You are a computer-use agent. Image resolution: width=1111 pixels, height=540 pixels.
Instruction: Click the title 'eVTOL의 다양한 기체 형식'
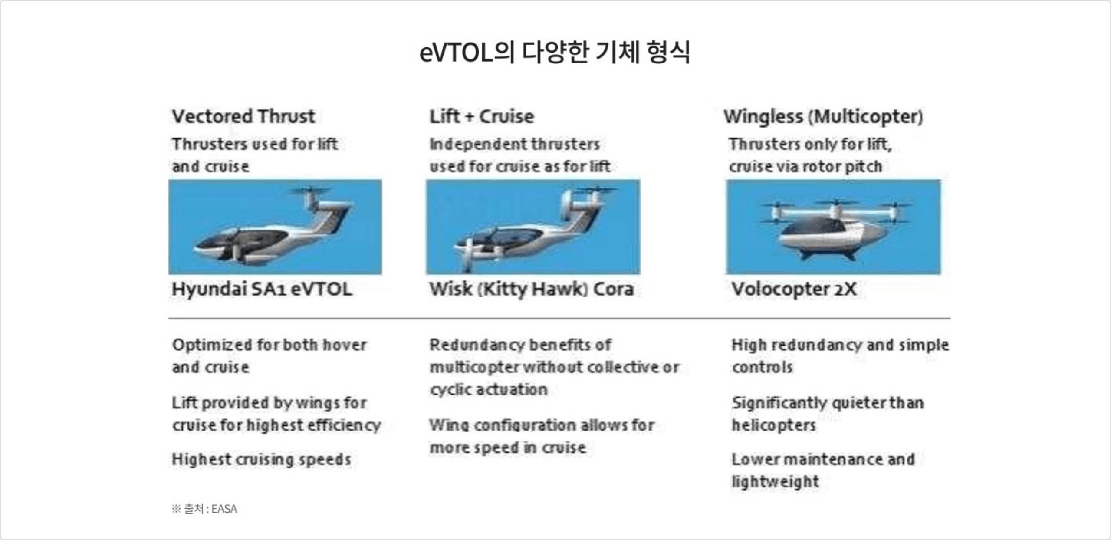tap(555, 52)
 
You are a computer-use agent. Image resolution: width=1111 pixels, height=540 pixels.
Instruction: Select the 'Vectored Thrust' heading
tap(243, 116)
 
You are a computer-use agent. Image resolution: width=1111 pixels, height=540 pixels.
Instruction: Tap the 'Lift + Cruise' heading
tap(482, 116)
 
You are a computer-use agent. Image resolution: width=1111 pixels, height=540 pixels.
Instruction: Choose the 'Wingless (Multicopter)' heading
tap(823, 117)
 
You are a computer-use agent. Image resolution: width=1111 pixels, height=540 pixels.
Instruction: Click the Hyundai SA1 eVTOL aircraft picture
tap(275, 227)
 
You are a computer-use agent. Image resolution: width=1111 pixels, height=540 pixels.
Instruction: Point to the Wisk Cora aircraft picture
tap(533, 227)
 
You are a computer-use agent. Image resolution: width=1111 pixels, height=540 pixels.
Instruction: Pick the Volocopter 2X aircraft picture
tap(833, 227)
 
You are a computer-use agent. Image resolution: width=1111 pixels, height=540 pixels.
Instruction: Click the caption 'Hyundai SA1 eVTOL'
tap(262, 289)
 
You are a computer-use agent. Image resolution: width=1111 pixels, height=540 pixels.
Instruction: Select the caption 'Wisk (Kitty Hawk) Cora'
tap(532, 289)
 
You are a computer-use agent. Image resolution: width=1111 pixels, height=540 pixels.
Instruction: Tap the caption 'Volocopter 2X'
tap(794, 289)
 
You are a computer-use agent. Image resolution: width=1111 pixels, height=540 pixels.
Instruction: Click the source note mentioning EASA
tap(204, 509)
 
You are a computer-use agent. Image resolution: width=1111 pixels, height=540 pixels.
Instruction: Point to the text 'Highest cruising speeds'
tap(262, 459)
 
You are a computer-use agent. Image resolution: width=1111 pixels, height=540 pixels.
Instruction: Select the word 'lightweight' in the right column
tap(776, 481)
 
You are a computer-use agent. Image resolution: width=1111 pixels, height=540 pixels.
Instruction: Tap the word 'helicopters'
tap(774, 425)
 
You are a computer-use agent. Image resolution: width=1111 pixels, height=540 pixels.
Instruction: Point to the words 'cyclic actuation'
tap(489, 389)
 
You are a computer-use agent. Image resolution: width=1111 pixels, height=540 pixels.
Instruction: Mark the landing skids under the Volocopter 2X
tap(829, 254)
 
